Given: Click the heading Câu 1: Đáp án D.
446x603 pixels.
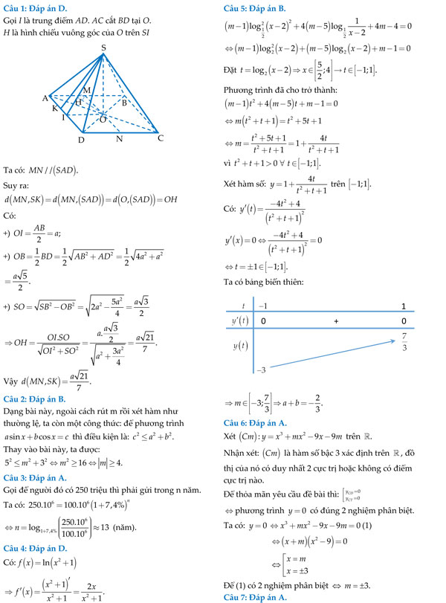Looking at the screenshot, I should tap(33, 7).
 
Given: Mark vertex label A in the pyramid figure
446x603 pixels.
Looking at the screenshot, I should tap(45, 98).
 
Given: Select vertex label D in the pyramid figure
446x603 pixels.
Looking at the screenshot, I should tap(81, 140).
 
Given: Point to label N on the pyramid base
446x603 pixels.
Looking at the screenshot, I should tap(119, 139).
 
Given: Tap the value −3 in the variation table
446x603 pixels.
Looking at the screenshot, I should tap(262, 370).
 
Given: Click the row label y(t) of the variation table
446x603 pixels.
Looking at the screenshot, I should tap(238, 346).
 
